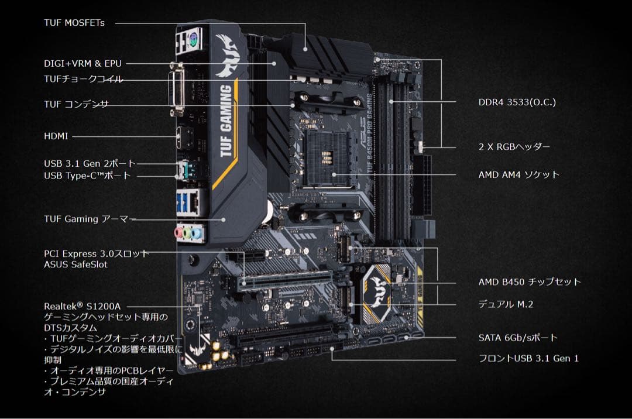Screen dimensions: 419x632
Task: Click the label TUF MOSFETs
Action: [74, 23]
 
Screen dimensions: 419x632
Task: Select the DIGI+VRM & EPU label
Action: [83, 63]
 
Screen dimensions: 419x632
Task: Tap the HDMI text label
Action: [56, 136]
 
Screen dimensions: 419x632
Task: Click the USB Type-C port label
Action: [87, 176]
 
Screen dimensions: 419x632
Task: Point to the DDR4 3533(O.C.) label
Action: [517, 102]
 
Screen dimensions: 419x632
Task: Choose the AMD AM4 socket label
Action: [518, 174]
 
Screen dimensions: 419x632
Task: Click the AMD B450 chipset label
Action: [530, 282]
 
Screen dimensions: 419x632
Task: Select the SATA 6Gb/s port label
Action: [518, 338]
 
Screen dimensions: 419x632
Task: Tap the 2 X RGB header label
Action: [514, 147]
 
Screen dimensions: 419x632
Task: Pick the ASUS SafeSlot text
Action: [75, 265]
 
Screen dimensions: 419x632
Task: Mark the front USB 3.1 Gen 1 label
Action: [528, 358]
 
